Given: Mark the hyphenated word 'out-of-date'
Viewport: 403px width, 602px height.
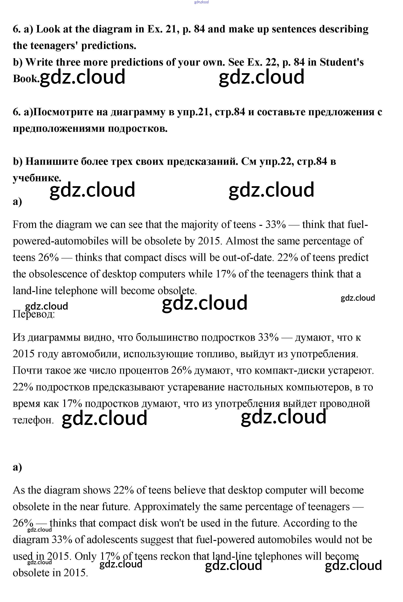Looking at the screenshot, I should tap(247, 258).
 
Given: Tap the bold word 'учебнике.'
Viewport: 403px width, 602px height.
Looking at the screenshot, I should tap(37, 178).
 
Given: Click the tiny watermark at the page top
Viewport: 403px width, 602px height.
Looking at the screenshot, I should tap(201, 2).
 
